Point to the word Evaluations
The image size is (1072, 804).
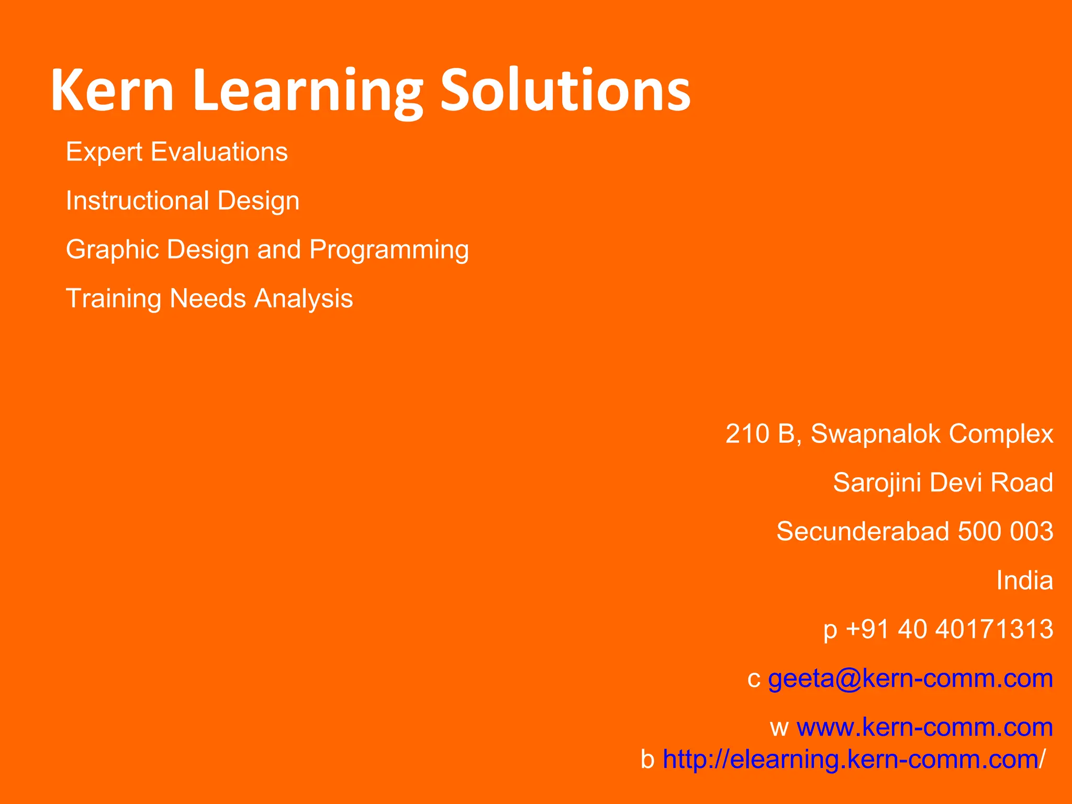point(219,152)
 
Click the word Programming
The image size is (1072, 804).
point(389,250)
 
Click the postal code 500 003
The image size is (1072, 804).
point(1006,532)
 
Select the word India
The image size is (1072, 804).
point(1024,580)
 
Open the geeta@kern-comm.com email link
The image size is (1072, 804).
point(910,679)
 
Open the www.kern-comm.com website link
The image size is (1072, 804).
point(924,728)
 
